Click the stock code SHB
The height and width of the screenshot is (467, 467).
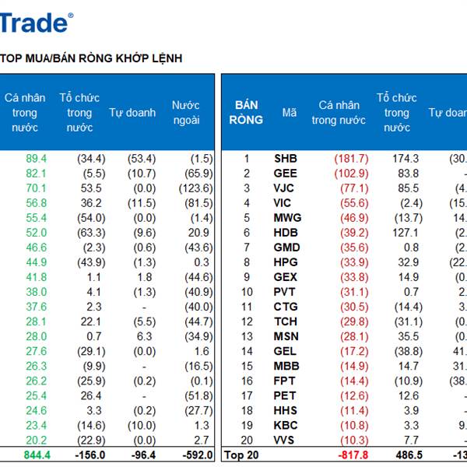[x=286, y=159]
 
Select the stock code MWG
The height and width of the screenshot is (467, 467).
[x=287, y=218]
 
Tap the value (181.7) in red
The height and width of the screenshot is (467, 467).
[x=339, y=159]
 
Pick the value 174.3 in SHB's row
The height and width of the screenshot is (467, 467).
[x=405, y=159]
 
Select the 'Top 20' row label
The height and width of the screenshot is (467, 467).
[x=241, y=455]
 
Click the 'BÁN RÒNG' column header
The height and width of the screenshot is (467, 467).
[x=246, y=113]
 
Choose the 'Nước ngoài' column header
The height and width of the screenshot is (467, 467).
[x=186, y=113]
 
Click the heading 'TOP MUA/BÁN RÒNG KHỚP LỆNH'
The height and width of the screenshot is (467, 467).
[x=91, y=58]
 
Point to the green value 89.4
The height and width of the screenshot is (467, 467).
[x=37, y=159]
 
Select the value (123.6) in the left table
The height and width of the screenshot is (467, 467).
[x=195, y=188]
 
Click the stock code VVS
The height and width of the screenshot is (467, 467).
[x=286, y=441]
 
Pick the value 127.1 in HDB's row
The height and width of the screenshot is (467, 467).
[x=405, y=233]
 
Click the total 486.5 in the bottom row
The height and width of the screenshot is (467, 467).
[x=404, y=455]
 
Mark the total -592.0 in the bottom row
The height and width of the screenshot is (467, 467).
[x=195, y=455]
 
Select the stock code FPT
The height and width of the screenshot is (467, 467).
[x=285, y=381]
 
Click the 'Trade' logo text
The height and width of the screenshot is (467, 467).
[x=35, y=23]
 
